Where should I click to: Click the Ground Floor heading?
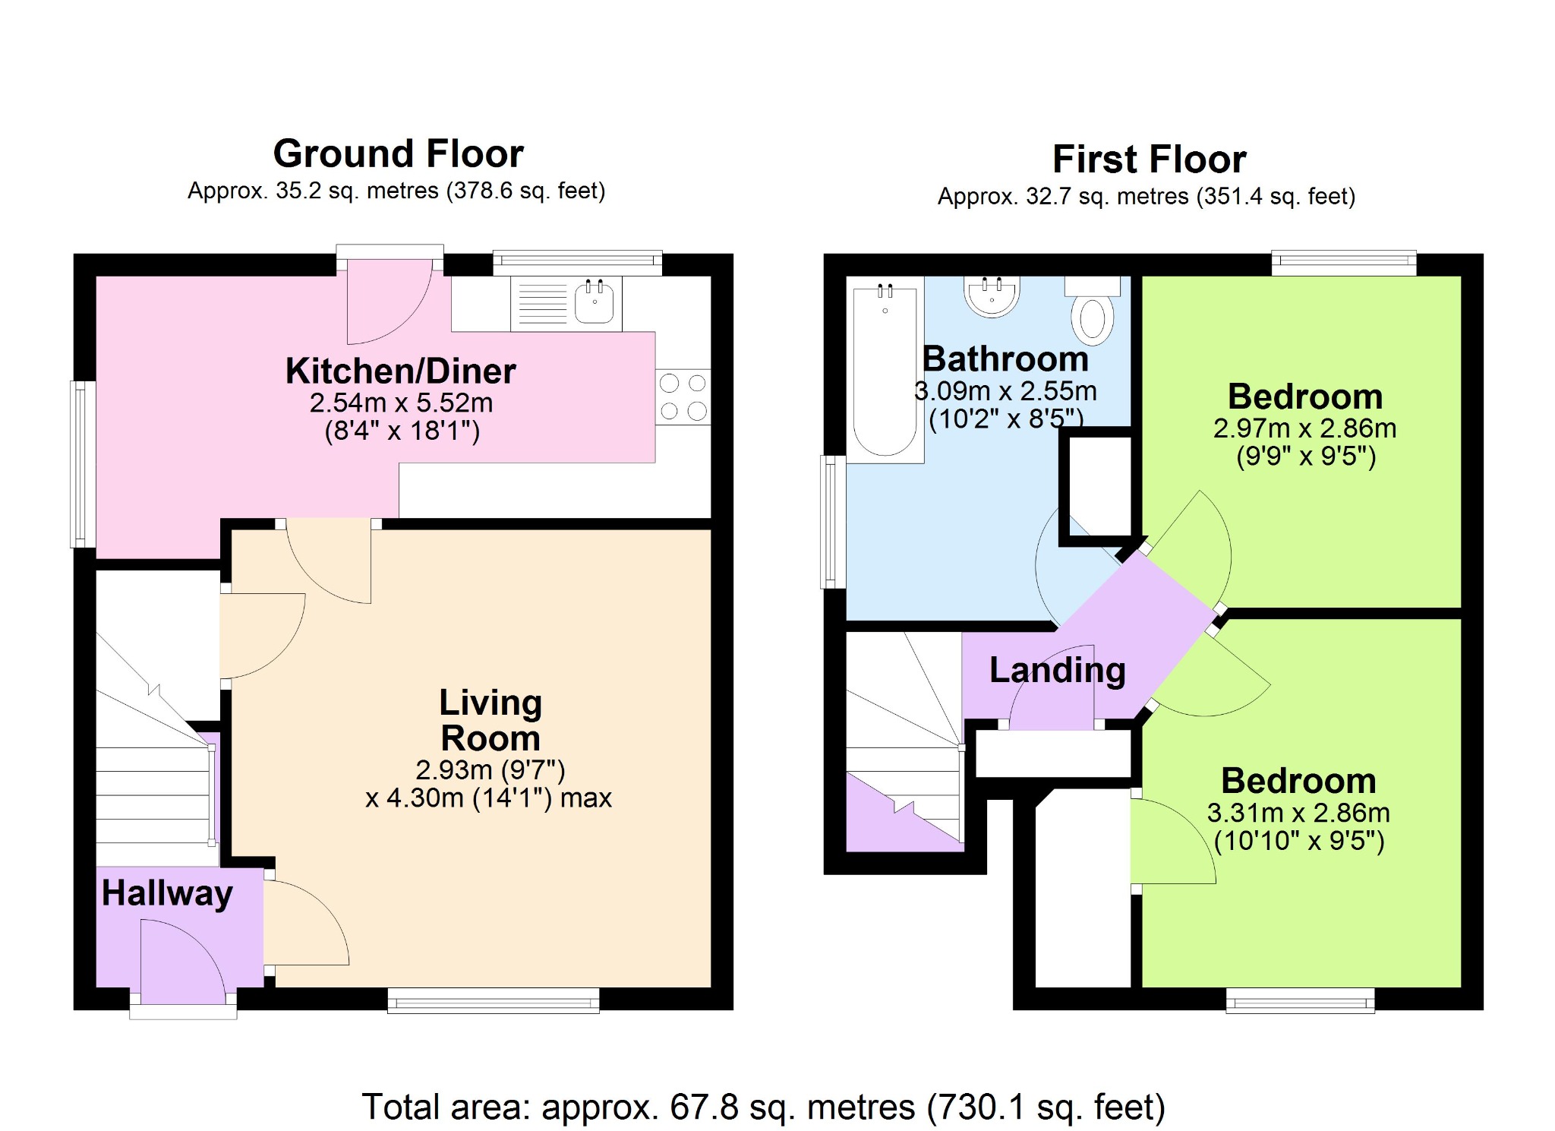pos(398,153)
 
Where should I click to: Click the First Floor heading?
pos(1149,160)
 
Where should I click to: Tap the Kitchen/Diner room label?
pos(400,371)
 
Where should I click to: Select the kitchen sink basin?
pos(595,302)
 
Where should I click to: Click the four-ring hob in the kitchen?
pos(683,396)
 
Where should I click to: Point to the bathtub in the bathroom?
pos(885,370)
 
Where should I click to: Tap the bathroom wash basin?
pos(992,296)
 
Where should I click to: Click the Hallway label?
pos(167,893)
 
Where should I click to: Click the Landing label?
pos(1057,670)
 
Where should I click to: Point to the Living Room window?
pos(494,1000)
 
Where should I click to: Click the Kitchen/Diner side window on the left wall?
pos(83,464)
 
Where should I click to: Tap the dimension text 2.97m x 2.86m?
pos(1304,428)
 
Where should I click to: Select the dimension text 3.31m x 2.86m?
pos(1298,813)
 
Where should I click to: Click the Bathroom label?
pos(1005,359)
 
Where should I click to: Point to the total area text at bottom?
pos(763,1107)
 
